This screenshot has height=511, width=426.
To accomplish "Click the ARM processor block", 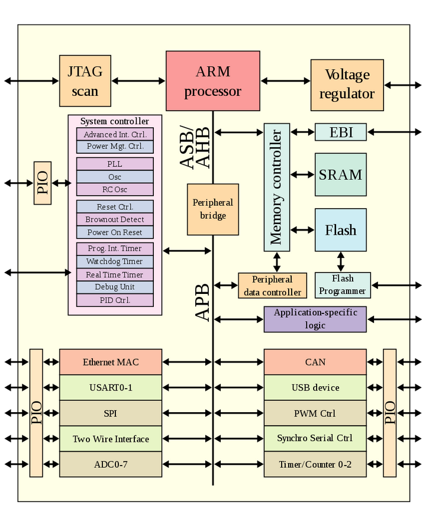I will point(212,81).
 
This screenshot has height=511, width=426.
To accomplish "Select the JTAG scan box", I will point(85,81).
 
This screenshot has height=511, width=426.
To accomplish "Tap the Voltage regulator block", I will point(347,85).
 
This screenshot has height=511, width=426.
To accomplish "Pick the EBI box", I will point(340,132).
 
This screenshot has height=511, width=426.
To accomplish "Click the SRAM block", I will point(340,174).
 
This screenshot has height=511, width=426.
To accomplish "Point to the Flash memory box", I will point(340,229).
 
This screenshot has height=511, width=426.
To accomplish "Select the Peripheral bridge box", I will point(213,209).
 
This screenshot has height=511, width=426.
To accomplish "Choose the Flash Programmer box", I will point(343,285).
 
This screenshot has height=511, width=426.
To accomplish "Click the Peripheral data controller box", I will point(272,286).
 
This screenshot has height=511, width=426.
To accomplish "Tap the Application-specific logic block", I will point(315,319).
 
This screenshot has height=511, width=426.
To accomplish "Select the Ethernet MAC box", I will point(111,362).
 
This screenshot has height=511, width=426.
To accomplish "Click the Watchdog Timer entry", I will point(115,261).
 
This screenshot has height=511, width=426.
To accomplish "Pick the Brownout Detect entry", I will point(115,219).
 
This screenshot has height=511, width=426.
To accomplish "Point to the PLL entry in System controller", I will point(115,164).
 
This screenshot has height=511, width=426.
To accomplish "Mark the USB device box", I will point(315,388).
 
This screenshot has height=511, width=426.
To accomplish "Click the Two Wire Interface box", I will point(111,439).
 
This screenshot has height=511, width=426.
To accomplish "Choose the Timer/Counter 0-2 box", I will point(315,464).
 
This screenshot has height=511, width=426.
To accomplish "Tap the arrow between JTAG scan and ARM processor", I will point(138,81).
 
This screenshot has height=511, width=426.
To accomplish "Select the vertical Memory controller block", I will point(276,187).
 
